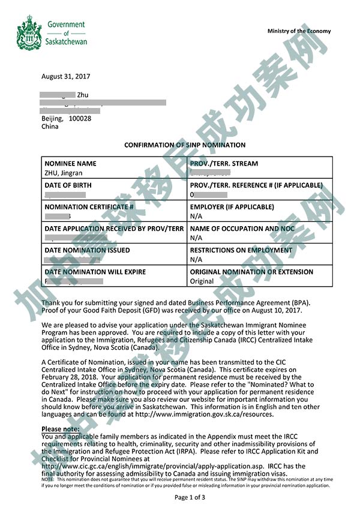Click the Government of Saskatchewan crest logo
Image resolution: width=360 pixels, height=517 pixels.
(x=29, y=33)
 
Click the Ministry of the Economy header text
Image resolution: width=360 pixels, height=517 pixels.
(x=299, y=31)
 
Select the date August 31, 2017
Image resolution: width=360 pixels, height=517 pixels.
(x=65, y=77)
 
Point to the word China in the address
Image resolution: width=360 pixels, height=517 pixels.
(x=50, y=127)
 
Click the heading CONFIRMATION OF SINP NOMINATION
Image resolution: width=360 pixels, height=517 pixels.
(x=184, y=145)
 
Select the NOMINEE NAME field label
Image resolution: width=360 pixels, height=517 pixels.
(x=70, y=164)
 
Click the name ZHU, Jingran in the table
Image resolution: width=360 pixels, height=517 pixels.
(x=64, y=173)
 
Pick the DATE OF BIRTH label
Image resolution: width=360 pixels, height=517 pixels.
(x=68, y=185)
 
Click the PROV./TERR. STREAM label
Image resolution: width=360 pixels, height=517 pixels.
(x=224, y=164)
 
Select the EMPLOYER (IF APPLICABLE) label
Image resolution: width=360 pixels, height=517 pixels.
(x=232, y=207)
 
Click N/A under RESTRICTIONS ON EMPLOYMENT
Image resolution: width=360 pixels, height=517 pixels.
(x=196, y=260)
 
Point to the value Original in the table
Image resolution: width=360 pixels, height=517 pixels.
(x=202, y=281)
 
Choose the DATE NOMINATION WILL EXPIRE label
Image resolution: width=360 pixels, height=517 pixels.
(x=95, y=272)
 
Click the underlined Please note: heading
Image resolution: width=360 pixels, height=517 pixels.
(x=60, y=429)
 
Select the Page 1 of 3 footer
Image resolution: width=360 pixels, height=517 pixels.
(x=190, y=498)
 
